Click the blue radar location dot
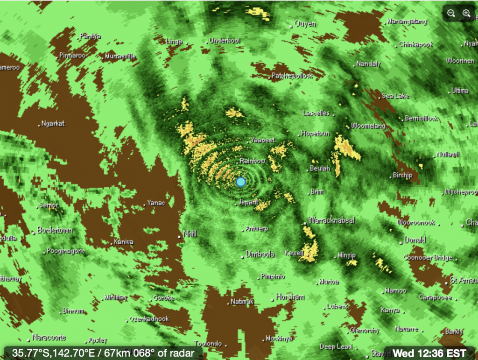[241, 182]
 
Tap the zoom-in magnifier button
[466, 13]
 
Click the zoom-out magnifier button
[451, 13]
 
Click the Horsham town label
[290, 297]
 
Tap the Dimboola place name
[260, 254]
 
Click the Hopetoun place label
[316, 134]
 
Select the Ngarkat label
[53, 124]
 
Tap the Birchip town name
[402, 175]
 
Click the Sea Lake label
[395, 96]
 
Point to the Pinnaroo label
[72, 55]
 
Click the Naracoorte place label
[49, 337]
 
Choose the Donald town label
[415, 240]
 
